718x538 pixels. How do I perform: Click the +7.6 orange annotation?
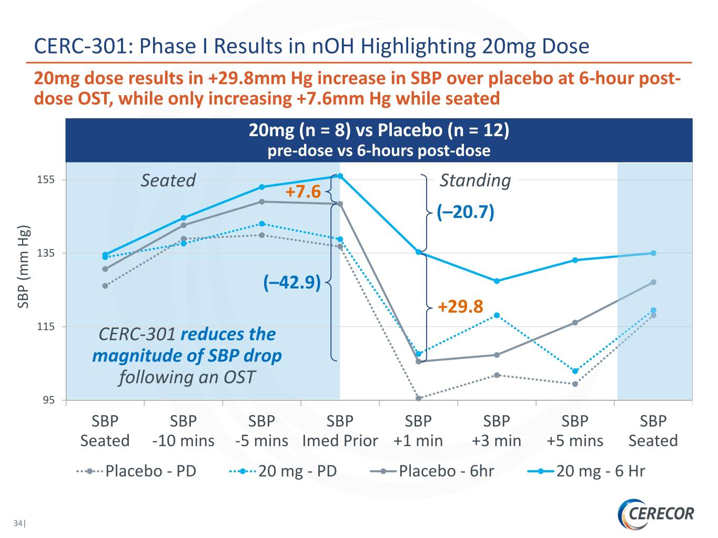click(x=303, y=192)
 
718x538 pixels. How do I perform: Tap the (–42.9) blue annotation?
click(x=292, y=282)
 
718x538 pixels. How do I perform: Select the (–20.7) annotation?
click(x=466, y=212)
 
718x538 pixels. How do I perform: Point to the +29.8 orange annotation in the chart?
click(x=460, y=306)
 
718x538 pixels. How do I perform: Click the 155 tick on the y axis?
click(x=46, y=180)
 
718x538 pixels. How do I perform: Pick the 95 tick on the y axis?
click(x=48, y=400)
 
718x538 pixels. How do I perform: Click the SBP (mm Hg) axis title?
click(x=24, y=267)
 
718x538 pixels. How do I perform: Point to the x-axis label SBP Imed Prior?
click(x=340, y=431)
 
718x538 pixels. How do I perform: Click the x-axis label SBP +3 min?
click(x=497, y=431)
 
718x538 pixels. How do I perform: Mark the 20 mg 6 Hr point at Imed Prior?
click(x=340, y=176)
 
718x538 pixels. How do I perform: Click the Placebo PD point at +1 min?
click(x=419, y=398)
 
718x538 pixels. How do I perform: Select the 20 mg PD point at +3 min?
click(x=497, y=315)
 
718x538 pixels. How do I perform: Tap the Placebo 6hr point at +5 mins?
click(x=575, y=323)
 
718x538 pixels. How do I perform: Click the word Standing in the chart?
click(x=475, y=180)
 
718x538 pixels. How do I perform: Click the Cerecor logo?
click(x=656, y=513)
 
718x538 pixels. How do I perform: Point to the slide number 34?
click(x=18, y=523)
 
